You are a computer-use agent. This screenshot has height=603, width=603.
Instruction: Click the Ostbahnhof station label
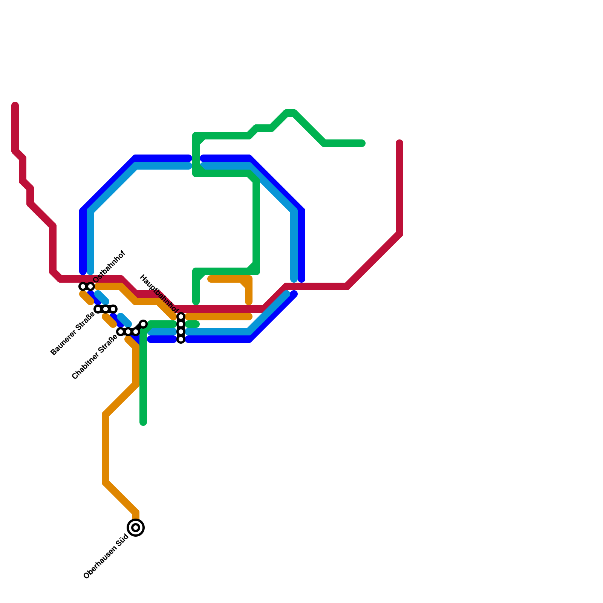pyautogui.click(x=109, y=267)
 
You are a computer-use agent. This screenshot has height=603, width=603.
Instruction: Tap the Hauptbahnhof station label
pyautogui.click(x=159, y=294)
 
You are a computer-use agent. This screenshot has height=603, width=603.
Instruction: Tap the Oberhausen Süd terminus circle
pyautogui.click(x=136, y=527)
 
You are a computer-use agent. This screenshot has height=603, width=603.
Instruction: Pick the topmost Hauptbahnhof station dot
pyautogui.click(x=181, y=317)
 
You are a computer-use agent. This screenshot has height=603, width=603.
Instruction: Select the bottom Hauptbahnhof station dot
pyautogui.click(x=181, y=339)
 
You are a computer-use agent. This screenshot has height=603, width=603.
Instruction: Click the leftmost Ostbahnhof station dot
pyautogui.click(x=83, y=286)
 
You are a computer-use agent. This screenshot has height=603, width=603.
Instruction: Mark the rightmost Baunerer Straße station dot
pyautogui.click(x=113, y=309)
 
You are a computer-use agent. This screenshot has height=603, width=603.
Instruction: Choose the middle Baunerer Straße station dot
pyautogui.click(x=106, y=309)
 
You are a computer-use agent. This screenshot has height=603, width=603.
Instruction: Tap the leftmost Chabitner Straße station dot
pyautogui.click(x=121, y=332)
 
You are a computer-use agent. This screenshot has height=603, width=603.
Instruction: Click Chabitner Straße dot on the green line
pyautogui.click(x=143, y=324)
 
